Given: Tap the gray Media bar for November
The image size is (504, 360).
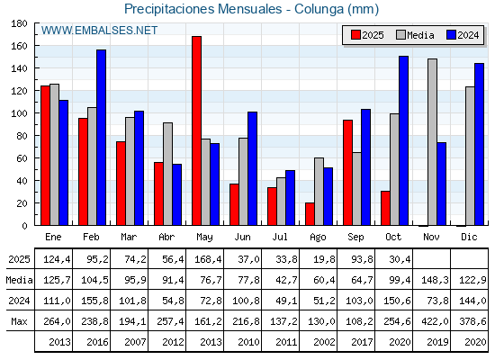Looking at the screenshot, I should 432,142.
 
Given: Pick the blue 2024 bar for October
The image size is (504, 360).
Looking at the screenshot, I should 403,140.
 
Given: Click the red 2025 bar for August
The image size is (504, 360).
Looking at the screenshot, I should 310,214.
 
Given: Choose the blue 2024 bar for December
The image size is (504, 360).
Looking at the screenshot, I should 479,144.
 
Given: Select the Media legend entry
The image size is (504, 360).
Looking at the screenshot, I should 415,35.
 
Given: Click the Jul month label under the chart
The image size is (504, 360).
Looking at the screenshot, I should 281,236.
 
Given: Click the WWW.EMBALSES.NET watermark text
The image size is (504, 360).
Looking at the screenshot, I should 99,31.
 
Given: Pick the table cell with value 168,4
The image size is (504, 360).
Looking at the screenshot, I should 205,259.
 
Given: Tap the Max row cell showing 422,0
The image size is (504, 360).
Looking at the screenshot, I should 432,320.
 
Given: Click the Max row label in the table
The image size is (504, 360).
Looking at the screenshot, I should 16,320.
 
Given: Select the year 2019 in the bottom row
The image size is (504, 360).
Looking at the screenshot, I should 432,341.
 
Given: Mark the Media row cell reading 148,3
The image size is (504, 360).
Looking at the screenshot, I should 432,280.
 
